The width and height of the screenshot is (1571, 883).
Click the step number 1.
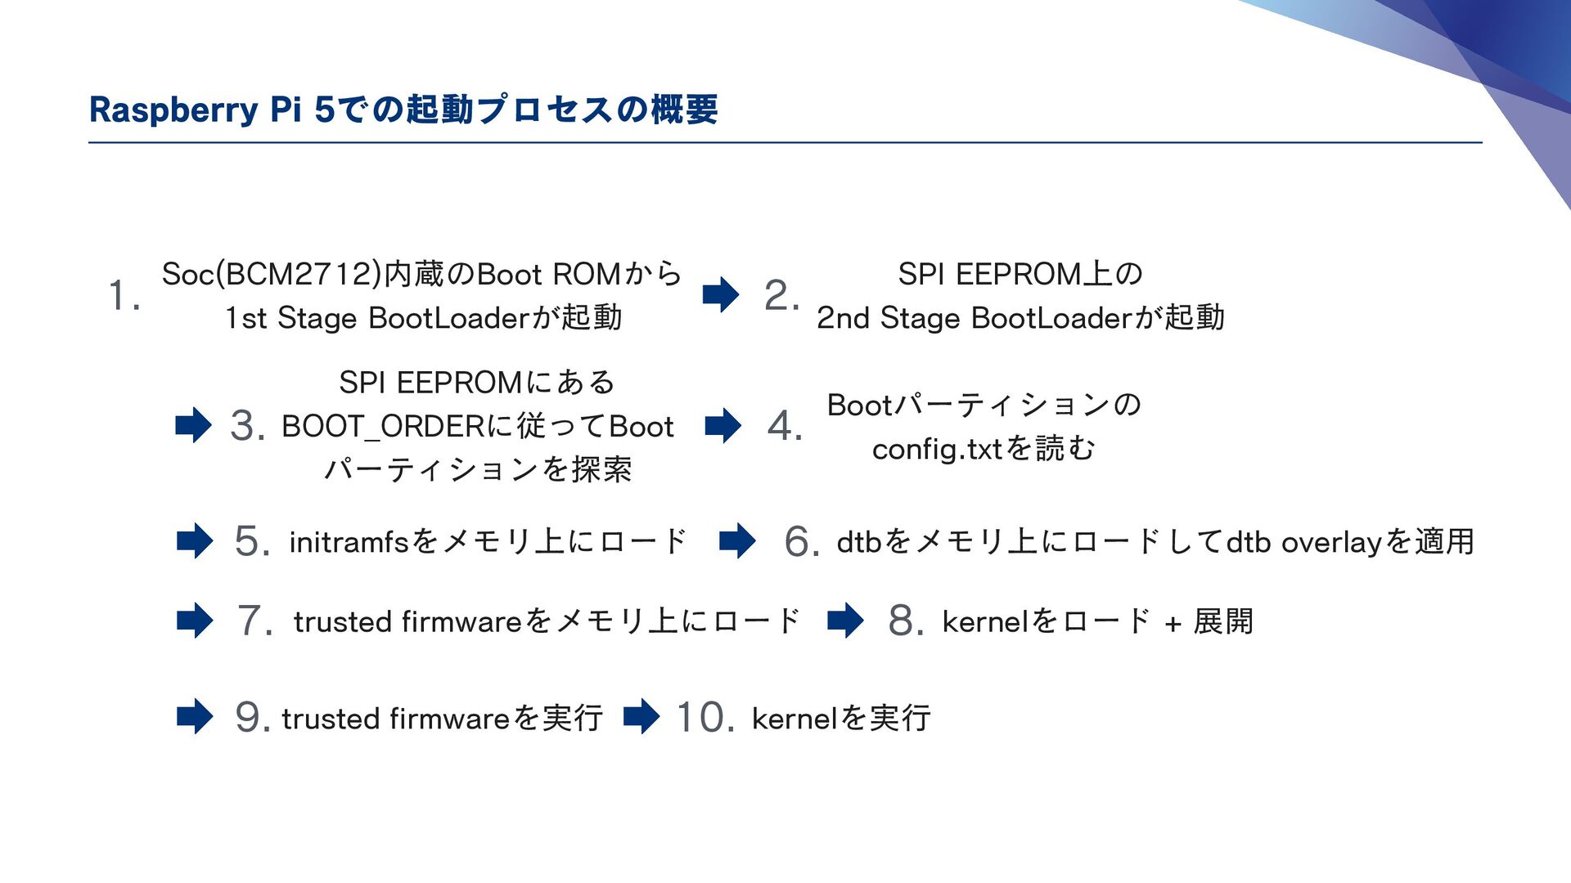click(124, 295)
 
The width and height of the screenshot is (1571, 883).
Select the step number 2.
click(781, 295)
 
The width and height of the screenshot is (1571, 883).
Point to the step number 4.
click(784, 425)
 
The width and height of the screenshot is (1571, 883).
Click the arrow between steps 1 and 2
click(721, 295)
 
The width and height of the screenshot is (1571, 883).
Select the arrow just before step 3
click(194, 425)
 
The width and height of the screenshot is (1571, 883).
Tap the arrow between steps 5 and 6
click(737, 541)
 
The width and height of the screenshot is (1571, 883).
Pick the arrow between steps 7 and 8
click(845, 621)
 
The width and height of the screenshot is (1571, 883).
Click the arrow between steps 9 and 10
click(641, 717)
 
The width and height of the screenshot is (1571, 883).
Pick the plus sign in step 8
click(1173, 624)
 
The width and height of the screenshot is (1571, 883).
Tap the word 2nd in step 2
click(843, 318)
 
